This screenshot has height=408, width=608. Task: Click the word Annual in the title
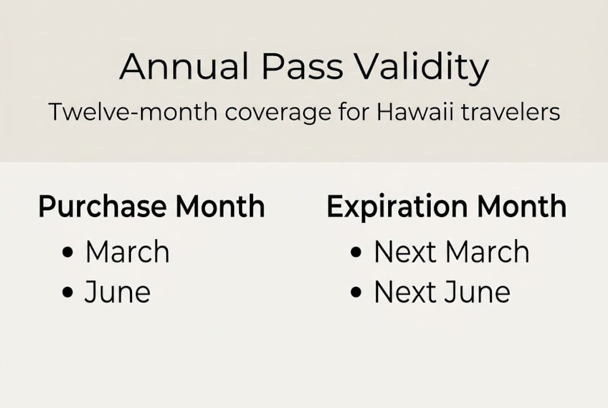(184, 67)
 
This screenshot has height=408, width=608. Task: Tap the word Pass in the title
(301, 67)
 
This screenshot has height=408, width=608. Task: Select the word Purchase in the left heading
(103, 207)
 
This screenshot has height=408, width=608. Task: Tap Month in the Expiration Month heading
(521, 206)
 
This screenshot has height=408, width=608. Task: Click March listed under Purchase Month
(127, 252)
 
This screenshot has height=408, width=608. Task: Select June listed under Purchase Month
(117, 292)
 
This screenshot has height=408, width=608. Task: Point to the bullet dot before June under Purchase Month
(68, 293)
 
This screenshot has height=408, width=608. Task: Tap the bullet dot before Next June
(356, 293)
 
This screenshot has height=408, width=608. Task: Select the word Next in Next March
(399, 252)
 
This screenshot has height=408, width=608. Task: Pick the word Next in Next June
(399, 292)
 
